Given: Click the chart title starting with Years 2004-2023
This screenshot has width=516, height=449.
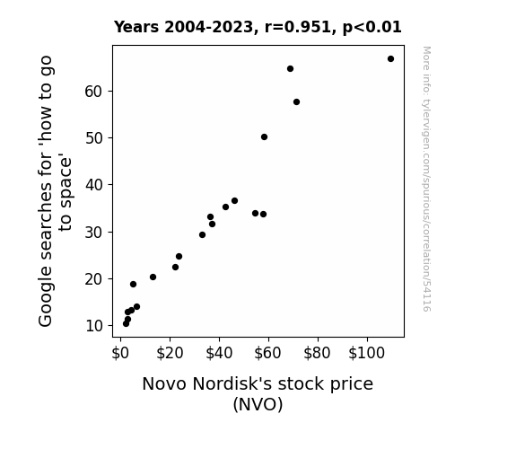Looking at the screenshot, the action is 258,27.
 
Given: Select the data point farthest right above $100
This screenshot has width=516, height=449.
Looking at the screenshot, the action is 390,59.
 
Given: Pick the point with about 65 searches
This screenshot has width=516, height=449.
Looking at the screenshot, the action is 290,69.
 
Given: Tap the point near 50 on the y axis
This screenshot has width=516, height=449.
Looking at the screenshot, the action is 264,137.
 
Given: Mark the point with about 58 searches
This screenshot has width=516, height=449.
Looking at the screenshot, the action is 296,102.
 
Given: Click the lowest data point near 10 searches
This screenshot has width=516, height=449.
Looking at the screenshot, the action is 126,324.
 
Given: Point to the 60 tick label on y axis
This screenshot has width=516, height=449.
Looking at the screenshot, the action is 94,92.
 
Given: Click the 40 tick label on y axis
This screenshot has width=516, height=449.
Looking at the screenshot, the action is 94,185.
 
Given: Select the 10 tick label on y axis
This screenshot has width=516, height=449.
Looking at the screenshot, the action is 94,326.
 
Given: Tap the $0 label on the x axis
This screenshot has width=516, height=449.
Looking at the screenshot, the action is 120,353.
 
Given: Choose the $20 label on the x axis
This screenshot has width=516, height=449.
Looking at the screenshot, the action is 170,353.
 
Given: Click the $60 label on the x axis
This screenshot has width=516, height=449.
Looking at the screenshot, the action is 268,353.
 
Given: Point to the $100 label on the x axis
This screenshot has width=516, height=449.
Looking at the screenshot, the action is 367,353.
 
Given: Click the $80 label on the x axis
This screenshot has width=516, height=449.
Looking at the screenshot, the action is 318,353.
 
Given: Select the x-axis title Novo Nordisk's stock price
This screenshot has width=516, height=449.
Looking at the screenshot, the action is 258,383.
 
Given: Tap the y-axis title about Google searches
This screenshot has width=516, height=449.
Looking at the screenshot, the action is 55,191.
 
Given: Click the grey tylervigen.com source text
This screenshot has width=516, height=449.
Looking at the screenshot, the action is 426,179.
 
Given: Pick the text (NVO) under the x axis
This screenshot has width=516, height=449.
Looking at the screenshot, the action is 258,404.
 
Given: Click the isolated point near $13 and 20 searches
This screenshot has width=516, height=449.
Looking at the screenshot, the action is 153,277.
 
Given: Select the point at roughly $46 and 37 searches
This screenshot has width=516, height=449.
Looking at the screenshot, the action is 234,201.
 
